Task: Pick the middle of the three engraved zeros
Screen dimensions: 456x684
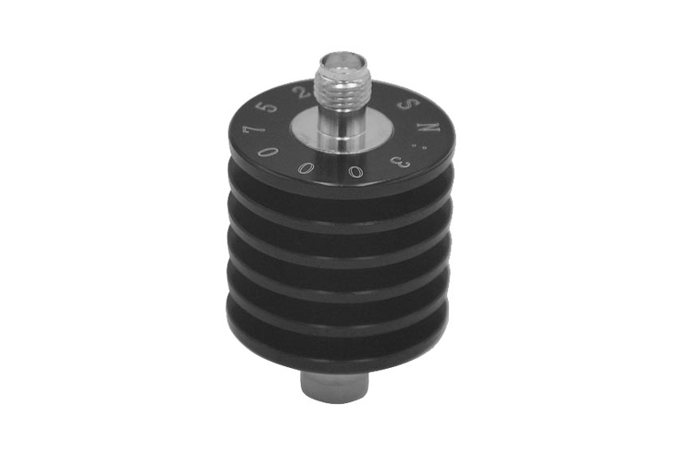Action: click(305, 168)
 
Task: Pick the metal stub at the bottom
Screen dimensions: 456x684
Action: click(337, 385)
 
